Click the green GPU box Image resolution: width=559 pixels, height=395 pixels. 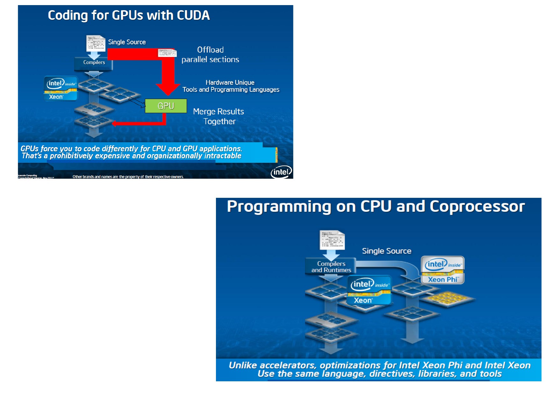(166, 106)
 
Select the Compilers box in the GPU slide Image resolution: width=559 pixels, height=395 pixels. (94, 63)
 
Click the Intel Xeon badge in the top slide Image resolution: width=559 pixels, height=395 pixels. (61, 89)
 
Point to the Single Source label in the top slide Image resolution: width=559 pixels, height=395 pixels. (127, 42)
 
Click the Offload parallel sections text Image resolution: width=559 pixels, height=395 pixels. (210, 54)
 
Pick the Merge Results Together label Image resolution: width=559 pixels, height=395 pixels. (219, 116)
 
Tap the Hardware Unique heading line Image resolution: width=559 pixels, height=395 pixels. (230, 83)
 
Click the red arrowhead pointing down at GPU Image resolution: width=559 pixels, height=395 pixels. (168, 89)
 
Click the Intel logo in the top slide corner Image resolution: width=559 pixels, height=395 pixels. (281, 172)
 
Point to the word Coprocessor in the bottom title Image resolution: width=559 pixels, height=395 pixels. (477, 206)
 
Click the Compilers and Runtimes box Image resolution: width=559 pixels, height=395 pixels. (331, 267)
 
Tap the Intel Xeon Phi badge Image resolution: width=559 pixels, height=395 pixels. (443, 270)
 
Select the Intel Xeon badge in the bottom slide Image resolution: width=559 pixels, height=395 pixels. (369, 290)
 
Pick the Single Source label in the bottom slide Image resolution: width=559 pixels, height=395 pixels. (386, 251)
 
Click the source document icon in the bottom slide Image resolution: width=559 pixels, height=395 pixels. (332, 240)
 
